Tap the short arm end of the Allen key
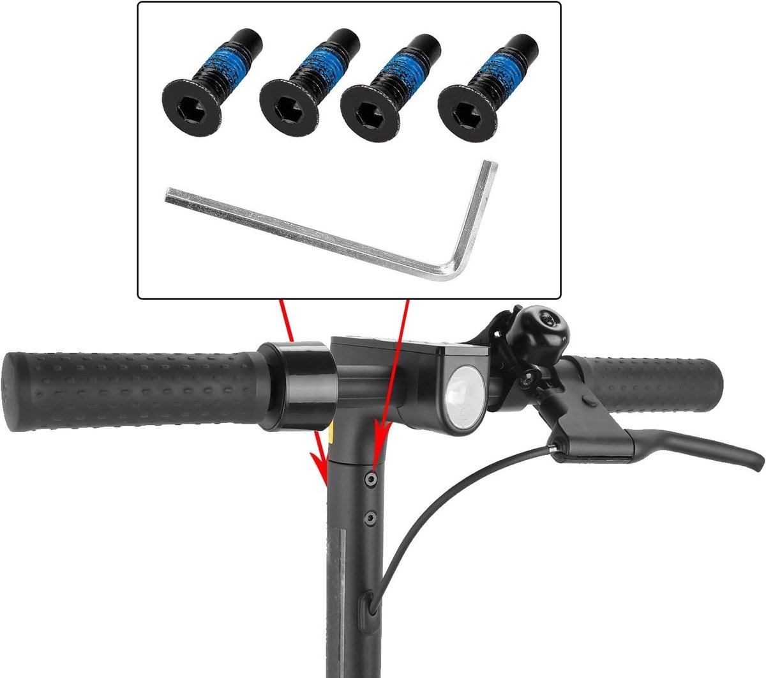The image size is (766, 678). [x=490, y=167]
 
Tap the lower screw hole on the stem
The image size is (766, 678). [x=370, y=516]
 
